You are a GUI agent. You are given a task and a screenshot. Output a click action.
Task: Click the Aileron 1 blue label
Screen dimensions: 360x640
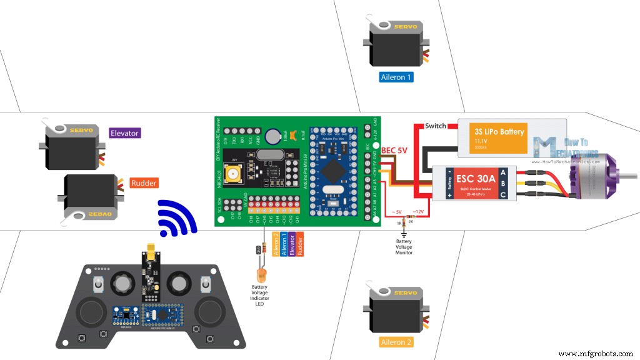pyautogui.click(x=396, y=77)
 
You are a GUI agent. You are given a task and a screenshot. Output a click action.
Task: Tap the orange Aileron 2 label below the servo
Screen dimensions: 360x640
pyautogui.click(x=396, y=342)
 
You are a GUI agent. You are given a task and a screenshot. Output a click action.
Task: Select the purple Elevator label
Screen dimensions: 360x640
pyautogui.click(x=124, y=133)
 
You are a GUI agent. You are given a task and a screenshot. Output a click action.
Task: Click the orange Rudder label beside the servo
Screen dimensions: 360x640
pyautogui.click(x=143, y=183)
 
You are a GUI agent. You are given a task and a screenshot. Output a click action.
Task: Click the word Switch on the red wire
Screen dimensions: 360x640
pyautogui.click(x=436, y=126)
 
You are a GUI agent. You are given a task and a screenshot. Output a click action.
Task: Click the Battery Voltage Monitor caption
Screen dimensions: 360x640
pyautogui.click(x=404, y=247)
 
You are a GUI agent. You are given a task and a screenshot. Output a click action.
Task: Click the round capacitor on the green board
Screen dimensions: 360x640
pyautogui.click(x=272, y=136)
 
